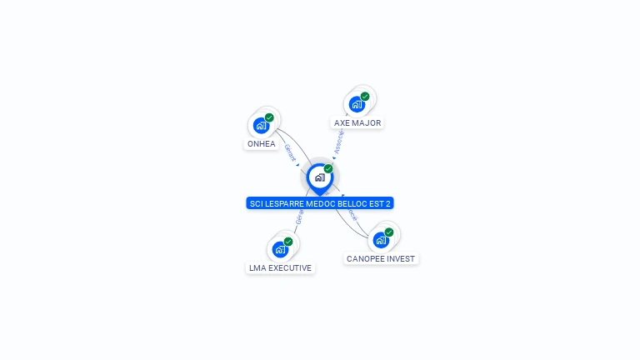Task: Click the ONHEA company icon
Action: [262, 126]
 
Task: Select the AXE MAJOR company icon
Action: [357, 104]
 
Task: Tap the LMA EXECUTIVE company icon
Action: [280, 249]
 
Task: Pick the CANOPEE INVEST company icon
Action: [381, 240]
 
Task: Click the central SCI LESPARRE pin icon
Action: [319, 177]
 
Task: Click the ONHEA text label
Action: [261, 144]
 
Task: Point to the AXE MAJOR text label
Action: [357, 123]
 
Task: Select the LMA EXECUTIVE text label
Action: [280, 268]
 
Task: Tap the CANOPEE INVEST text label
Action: [381, 259]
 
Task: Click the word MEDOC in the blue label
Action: [323, 203]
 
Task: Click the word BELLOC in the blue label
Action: [354, 203]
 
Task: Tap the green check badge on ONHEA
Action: [269, 118]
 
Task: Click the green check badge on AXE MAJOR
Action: [365, 97]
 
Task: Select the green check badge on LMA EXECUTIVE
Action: [288, 242]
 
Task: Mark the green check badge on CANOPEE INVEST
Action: [389, 232]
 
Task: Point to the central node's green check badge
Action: [328, 169]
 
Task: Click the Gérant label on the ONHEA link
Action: [290, 152]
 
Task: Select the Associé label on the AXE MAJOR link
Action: [338, 143]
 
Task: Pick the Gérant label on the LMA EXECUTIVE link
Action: [299, 217]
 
